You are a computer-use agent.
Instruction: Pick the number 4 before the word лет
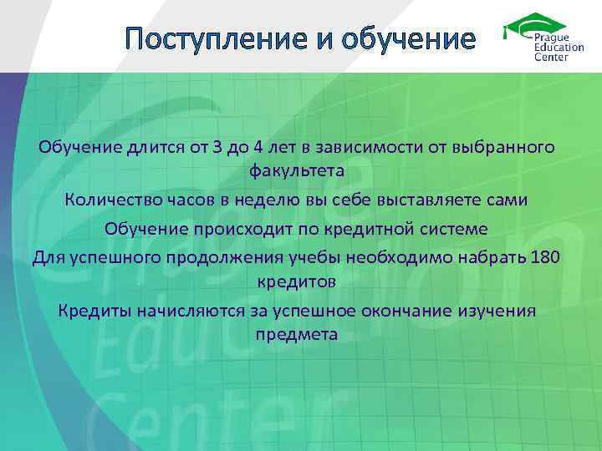coord(260,148)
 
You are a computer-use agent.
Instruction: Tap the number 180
coord(545,256)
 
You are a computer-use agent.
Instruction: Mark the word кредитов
coord(296,282)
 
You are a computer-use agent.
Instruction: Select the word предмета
coord(296,336)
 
